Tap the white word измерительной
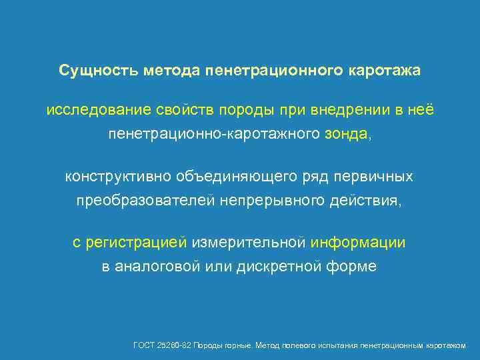point(249,243)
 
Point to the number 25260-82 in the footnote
point(172,345)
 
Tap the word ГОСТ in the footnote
point(143,345)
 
